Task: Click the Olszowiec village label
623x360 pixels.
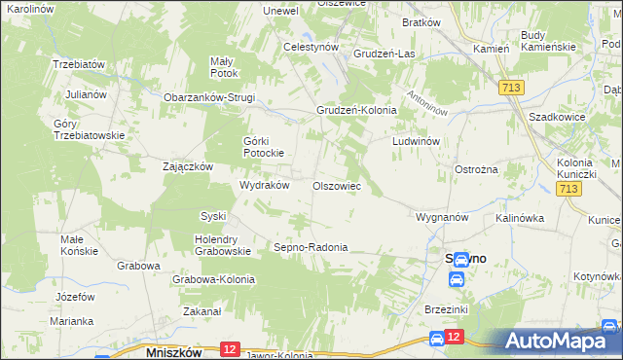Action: [x=337, y=186]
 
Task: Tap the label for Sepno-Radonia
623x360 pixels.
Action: [x=311, y=247]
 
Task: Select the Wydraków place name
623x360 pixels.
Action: [x=265, y=185]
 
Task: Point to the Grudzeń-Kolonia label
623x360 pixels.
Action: [x=356, y=110]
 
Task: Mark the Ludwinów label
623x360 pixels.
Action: [x=417, y=141]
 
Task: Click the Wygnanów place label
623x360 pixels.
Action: [x=443, y=216]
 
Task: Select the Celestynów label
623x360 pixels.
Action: [x=310, y=46]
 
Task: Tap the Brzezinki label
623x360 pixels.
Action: [x=448, y=308]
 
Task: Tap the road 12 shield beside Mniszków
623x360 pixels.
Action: [x=231, y=348]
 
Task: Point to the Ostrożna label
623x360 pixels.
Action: [x=477, y=169]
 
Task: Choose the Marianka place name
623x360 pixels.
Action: [x=72, y=321]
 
